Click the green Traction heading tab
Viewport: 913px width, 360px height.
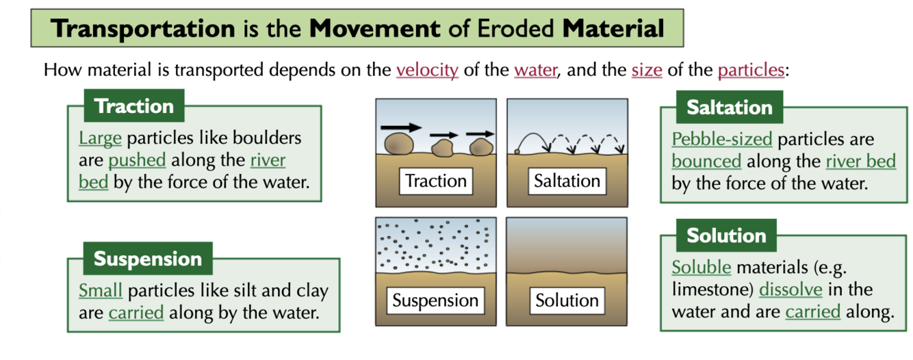tap(134, 106)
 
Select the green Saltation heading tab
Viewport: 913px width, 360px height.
tap(729, 107)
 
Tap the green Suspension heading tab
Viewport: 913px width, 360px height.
tap(148, 259)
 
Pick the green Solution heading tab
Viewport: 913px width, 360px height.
tap(726, 235)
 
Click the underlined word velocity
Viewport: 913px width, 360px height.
tap(427, 70)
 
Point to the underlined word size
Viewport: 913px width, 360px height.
tap(646, 70)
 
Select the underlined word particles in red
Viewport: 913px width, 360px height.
tap(751, 70)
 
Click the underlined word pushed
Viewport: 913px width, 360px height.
tap(137, 161)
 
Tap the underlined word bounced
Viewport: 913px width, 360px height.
tap(706, 162)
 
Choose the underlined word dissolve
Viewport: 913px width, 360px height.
tap(790, 290)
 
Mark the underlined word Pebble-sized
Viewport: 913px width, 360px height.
tap(721, 140)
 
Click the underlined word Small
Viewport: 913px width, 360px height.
tap(100, 291)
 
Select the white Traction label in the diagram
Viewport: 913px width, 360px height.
tap(435, 181)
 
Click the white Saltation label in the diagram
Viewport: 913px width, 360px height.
tap(567, 181)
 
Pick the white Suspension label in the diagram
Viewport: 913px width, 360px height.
tap(435, 300)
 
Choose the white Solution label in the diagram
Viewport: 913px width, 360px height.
tap(567, 300)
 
